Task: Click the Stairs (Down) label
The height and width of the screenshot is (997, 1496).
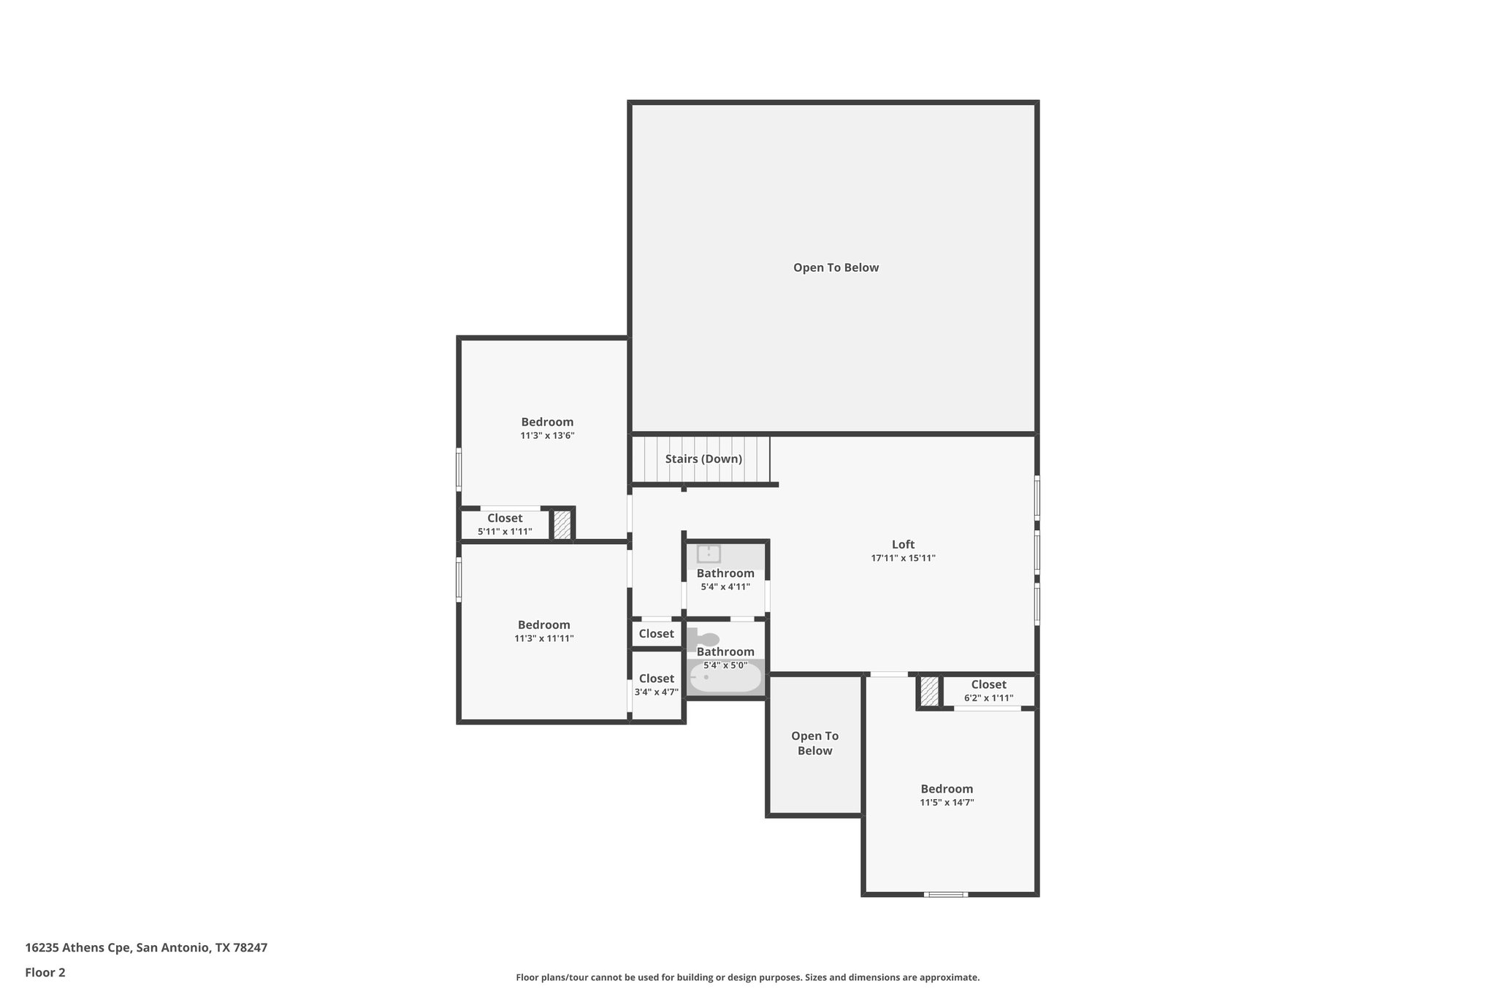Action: click(x=703, y=459)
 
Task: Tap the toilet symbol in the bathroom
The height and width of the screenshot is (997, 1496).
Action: click(x=703, y=639)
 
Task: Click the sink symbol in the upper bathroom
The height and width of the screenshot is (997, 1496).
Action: click(x=709, y=554)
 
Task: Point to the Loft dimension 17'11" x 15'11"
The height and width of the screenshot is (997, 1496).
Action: click(x=903, y=558)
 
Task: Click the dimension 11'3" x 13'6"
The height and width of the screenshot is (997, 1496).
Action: click(x=547, y=436)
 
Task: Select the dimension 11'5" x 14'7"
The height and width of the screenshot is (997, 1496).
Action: click(x=947, y=803)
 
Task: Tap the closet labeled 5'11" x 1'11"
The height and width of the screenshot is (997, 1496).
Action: click(x=505, y=524)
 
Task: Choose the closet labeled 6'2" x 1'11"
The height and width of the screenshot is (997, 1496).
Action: click(x=988, y=691)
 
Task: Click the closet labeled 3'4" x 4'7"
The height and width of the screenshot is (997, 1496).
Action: click(x=656, y=685)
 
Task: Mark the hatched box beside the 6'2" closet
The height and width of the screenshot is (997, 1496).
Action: click(x=929, y=692)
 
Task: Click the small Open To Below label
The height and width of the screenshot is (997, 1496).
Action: click(x=814, y=744)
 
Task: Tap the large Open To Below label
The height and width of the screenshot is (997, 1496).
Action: click(x=836, y=268)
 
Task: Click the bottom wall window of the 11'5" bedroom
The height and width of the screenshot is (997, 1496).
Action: click(x=945, y=894)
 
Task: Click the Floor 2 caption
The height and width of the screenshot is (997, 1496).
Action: click(x=45, y=972)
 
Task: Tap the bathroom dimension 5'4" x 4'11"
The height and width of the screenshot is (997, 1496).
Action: click(x=725, y=587)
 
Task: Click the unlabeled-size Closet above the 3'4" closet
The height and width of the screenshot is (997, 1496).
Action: click(x=656, y=634)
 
